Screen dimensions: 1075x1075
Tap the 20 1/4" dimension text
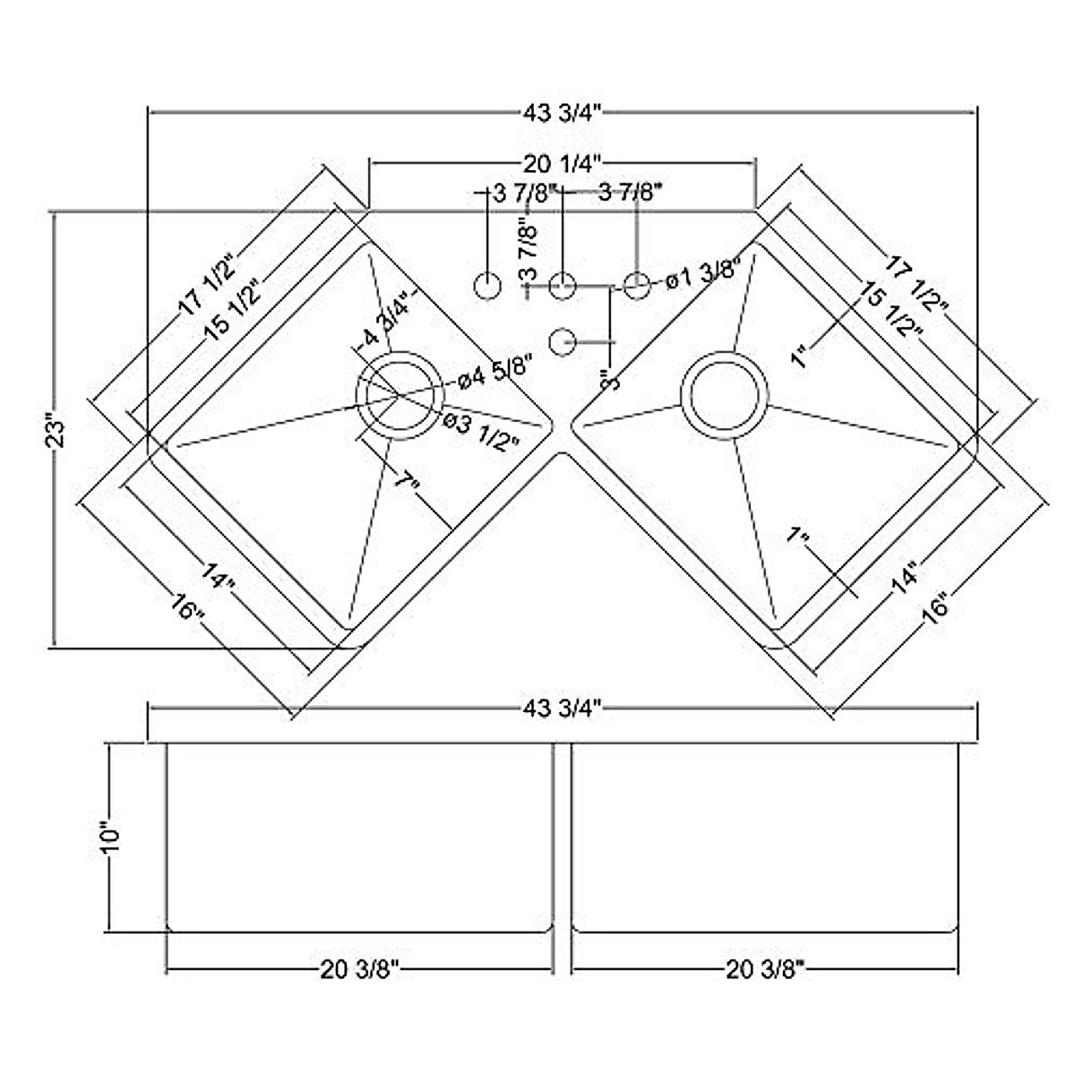562,163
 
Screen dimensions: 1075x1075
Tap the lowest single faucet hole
562,341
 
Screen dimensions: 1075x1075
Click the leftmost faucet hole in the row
487,286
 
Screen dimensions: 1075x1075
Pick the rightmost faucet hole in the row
636,286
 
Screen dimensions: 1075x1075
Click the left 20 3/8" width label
360,969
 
